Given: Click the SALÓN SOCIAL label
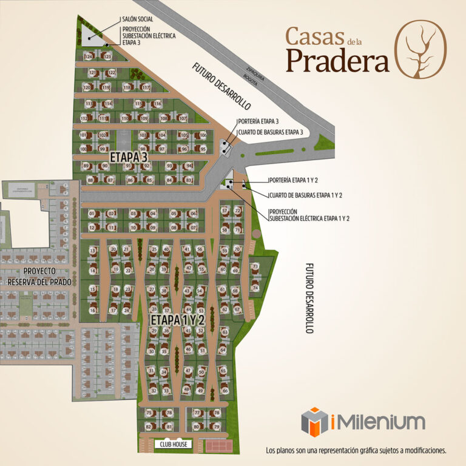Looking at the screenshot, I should click(x=137, y=19).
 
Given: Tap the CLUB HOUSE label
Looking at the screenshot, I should click(x=174, y=445).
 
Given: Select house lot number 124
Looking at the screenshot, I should click(x=89, y=56).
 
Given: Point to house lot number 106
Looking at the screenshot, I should click(x=203, y=135).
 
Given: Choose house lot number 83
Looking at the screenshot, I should click(x=189, y=180).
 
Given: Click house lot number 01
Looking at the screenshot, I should click(x=92, y=214).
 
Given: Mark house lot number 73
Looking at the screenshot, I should click(x=255, y=266).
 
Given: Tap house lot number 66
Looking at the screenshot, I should click(x=225, y=391).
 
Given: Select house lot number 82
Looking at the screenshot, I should click(x=149, y=427).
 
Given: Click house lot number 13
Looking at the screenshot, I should click(x=93, y=250).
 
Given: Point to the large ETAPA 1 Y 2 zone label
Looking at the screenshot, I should click(x=178, y=319).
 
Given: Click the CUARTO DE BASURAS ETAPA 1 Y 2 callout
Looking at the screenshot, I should click(x=306, y=195).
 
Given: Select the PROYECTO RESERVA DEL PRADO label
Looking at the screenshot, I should click(x=39, y=276).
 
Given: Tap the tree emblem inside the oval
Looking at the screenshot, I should click(x=422, y=46).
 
